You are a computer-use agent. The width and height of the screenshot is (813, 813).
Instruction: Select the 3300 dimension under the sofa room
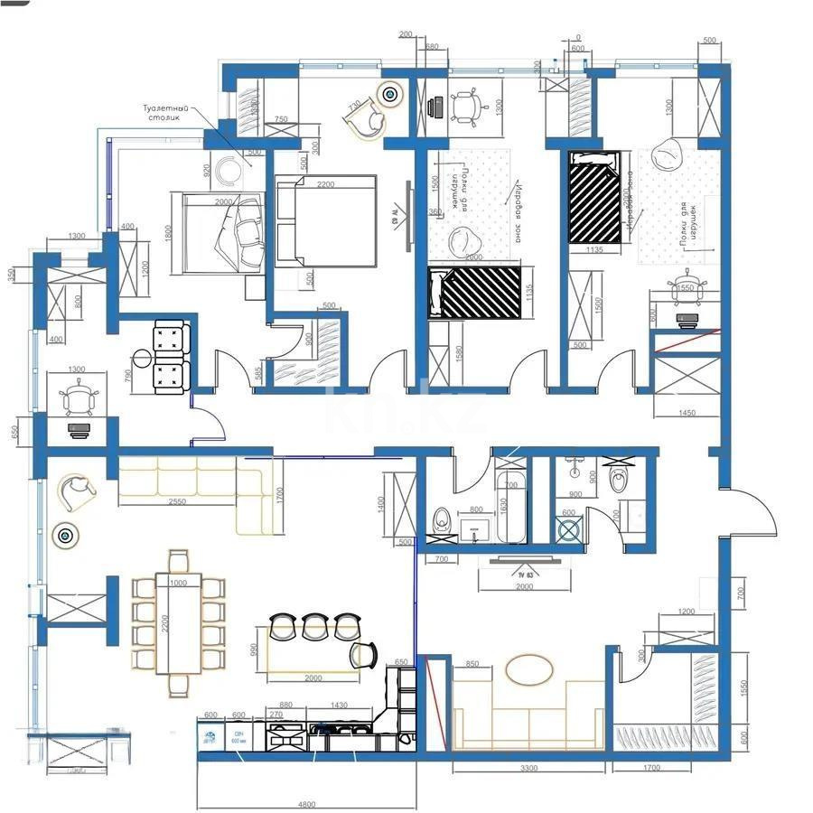(529, 768)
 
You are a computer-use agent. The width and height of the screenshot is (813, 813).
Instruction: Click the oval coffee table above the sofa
(529, 670)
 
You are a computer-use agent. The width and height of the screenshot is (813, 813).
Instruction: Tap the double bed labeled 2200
(325, 220)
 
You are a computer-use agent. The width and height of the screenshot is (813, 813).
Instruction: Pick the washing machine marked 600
(570, 530)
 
